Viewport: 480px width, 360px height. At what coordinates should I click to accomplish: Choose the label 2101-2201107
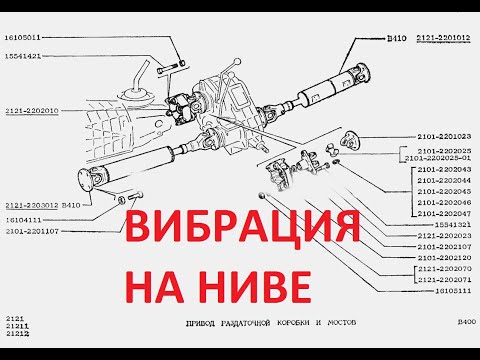[x=31, y=230]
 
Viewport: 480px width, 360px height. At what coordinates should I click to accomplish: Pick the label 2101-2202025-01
[x=439, y=159]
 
